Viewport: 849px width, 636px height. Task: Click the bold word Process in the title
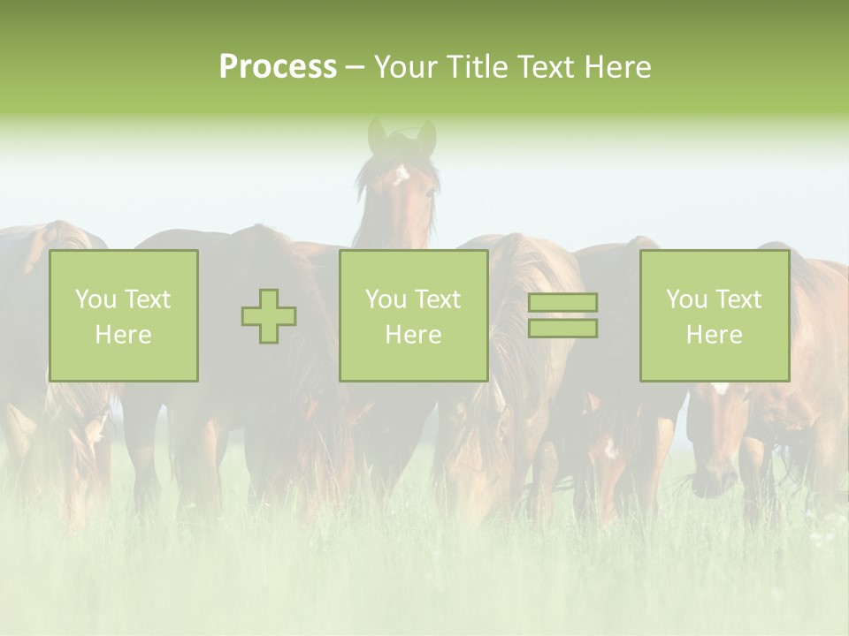(278, 67)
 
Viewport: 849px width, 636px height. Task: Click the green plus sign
(269, 316)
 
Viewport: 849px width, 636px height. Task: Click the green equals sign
(562, 315)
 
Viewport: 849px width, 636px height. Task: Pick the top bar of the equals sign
(562, 302)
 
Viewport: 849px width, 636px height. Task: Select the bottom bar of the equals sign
(562, 329)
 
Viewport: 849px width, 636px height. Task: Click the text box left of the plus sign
(123, 315)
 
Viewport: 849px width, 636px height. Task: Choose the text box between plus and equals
(413, 315)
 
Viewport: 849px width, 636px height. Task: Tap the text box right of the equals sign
(714, 315)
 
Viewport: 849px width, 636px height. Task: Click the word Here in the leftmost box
(123, 335)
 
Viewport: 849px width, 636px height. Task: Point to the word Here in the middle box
(413, 335)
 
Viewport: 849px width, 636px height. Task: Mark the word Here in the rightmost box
(714, 335)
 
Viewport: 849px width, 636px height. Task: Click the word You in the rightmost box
(686, 299)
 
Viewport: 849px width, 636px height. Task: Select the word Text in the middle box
(437, 299)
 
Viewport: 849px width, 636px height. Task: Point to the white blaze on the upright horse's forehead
(401, 173)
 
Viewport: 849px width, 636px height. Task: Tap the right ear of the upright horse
(427, 135)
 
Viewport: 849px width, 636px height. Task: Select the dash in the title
(356, 68)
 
